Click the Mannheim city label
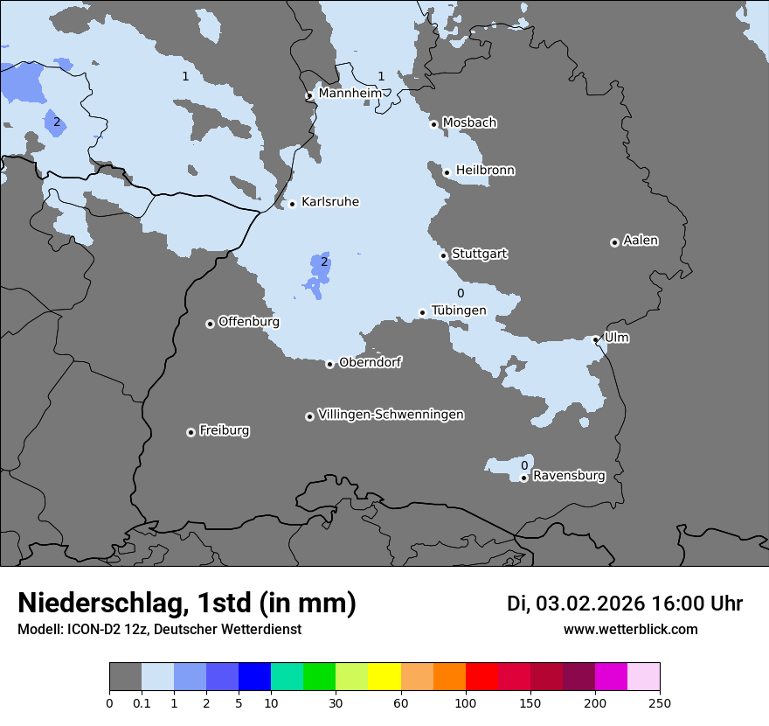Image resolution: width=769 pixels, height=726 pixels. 350,94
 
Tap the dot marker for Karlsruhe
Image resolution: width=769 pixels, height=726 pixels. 292,205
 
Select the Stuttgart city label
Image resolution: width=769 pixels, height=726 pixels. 479,255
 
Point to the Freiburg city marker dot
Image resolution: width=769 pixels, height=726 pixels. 191,432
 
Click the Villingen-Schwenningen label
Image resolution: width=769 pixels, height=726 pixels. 391,415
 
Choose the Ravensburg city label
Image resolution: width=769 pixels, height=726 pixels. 569,477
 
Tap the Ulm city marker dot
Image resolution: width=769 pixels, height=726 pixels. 596,339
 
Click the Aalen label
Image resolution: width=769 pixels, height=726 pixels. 641,241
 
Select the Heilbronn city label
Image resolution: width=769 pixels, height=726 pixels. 485,171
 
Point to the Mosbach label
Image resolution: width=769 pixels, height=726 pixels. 469,123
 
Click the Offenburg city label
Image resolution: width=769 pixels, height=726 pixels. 249,322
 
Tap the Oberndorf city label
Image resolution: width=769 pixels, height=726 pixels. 371,363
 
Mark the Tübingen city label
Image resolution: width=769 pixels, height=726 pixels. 459,311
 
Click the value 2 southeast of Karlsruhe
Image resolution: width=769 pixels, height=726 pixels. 324,262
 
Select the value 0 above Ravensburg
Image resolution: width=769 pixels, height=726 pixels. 524,465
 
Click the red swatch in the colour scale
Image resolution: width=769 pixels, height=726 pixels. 481,677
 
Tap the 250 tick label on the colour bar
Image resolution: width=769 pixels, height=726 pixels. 660,702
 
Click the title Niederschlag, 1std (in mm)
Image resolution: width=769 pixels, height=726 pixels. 187,603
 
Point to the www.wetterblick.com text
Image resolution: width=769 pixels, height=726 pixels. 630,629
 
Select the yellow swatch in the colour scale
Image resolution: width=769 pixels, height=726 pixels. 384,677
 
